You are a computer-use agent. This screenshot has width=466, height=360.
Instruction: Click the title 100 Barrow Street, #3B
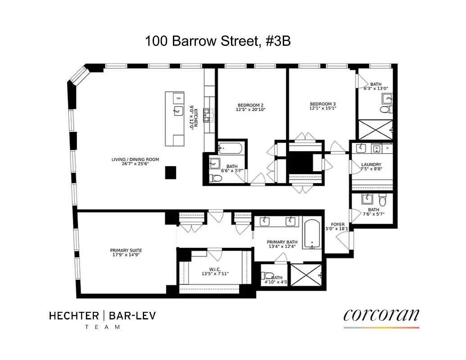pyautogui.click(x=217, y=41)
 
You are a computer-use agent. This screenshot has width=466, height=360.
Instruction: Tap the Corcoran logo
pyautogui.click(x=381, y=315)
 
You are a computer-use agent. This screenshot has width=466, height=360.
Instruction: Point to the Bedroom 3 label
pyautogui.click(x=322, y=103)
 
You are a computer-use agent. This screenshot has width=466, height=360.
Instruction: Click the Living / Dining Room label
pyautogui.click(x=135, y=159)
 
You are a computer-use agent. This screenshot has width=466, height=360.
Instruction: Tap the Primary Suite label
pyautogui.click(x=126, y=250)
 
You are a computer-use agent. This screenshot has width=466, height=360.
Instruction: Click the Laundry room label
pyautogui.click(x=371, y=165)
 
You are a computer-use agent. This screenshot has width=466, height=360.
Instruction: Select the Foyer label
pyautogui.click(x=338, y=224)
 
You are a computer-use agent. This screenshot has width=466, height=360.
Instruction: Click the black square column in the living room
pyautogui.click(x=171, y=172)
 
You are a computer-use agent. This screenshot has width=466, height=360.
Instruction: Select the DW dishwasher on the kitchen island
pyautogui.click(x=178, y=98)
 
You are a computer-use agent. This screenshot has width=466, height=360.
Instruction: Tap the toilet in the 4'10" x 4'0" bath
pyautogui.click(x=269, y=276)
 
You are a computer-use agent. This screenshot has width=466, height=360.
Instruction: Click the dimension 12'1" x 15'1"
pyautogui.click(x=322, y=108)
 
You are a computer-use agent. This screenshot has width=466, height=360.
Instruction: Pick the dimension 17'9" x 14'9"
pyautogui.click(x=126, y=255)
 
